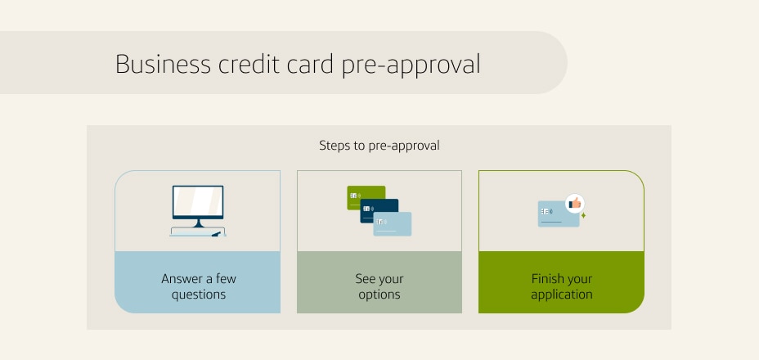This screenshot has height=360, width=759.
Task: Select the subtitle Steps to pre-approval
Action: click(x=379, y=146)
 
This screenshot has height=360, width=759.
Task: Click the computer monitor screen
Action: click(x=197, y=201)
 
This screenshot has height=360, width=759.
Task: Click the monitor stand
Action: click(x=197, y=222)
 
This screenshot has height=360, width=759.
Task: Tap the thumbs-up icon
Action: click(x=575, y=203)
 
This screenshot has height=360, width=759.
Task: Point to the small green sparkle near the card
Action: click(x=583, y=216)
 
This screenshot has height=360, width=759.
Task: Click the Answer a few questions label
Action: click(x=198, y=286)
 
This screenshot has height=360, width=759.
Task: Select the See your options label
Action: click(x=379, y=286)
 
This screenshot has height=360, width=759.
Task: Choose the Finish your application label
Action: click(x=561, y=286)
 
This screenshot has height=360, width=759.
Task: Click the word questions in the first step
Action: click(x=198, y=295)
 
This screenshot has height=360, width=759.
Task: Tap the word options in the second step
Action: click(x=379, y=295)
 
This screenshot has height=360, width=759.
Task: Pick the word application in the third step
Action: click(x=561, y=295)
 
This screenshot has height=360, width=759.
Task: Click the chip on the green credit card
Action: click(x=354, y=196)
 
